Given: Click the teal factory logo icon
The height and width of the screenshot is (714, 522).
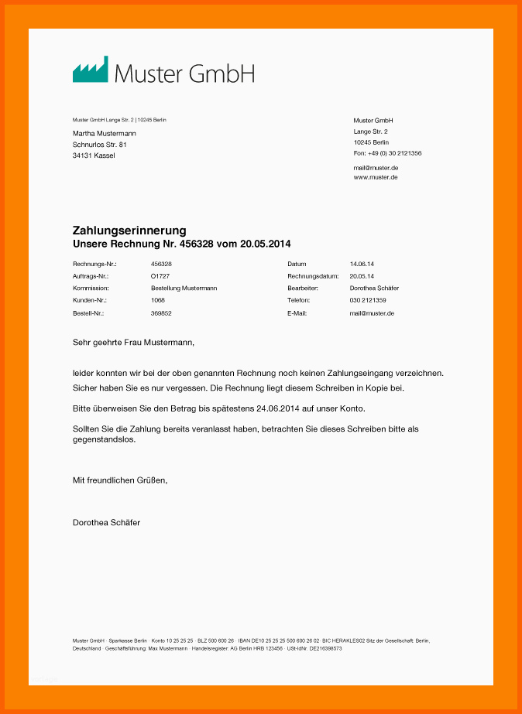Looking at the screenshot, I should pyautogui.click(x=90, y=70).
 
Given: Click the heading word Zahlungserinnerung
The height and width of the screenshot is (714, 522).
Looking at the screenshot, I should pyautogui.click(x=129, y=231).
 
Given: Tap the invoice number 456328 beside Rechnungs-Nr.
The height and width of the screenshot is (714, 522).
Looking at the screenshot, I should pyautogui.click(x=161, y=265).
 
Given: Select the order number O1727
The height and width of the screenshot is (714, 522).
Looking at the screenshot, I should pyautogui.click(x=160, y=276).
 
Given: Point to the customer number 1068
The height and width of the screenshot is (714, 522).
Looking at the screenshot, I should pyautogui.click(x=158, y=300).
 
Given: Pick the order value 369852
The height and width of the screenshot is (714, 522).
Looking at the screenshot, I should pyautogui.click(x=161, y=313).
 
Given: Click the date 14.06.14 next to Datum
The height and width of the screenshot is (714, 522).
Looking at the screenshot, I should pyautogui.click(x=362, y=265).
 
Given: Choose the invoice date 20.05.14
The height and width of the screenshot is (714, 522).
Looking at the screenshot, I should pyautogui.click(x=362, y=276).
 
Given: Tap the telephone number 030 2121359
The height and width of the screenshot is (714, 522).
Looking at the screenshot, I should pyautogui.click(x=368, y=300).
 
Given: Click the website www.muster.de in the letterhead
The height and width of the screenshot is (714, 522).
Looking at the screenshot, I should pyautogui.click(x=376, y=177).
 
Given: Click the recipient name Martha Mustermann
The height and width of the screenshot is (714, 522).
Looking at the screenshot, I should pyautogui.click(x=105, y=134).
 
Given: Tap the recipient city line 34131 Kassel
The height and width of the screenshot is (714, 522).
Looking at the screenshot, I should pyautogui.click(x=94, y=155).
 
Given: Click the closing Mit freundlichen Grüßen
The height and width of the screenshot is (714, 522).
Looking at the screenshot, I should pyautogui.click(x=120, y=480).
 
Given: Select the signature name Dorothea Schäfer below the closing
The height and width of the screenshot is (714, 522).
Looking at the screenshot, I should pyautogui.click(x=106, y=523).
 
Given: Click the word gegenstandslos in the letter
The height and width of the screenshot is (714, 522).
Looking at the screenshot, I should pyautogui.click(x=104, y=439).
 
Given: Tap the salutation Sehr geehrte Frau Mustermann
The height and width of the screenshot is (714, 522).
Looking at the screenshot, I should pyautogui.click(x=133, y=342).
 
